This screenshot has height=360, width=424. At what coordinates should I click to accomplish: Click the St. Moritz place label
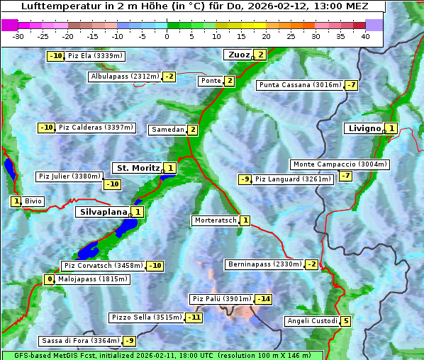(138, 168)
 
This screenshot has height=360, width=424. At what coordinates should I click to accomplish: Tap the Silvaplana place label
(103, 212)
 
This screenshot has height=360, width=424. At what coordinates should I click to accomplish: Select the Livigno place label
(364, 128)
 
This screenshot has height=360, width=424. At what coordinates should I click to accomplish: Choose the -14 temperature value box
(264, 299)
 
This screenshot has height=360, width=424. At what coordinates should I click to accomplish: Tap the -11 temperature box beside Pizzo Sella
(194, 317)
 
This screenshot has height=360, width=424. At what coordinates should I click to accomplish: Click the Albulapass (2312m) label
(125, 77)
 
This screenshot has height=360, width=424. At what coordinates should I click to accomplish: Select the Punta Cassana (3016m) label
(300, 85)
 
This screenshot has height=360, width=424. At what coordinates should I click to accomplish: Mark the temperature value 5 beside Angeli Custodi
(345, 321)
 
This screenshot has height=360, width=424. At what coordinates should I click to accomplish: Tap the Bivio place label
(33, 201)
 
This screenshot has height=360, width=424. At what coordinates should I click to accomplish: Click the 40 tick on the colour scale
(365, 36)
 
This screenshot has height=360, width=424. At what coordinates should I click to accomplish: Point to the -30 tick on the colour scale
(18, 36)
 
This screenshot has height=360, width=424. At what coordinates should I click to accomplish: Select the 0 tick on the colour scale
(167, 36)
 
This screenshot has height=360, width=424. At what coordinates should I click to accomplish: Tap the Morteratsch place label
(215, 220)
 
